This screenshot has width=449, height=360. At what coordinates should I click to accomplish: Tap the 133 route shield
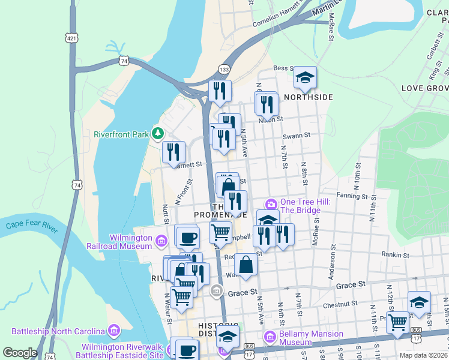[x=223, y=69]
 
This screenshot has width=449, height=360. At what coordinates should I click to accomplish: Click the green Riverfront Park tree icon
[x=158, y=133]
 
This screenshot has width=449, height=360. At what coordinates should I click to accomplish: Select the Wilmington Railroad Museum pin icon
[x=160, y=242]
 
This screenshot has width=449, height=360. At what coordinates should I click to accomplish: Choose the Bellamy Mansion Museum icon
[x=270, y=338]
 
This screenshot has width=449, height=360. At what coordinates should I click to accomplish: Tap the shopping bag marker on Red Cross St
[x=246, y=264]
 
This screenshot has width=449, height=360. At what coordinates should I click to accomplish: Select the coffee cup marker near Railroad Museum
[x=188, y=237]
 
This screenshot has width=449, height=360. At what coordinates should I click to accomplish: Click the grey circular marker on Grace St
[x=217, y=293]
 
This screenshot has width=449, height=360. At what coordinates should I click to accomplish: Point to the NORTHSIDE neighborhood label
[x=308, y=97]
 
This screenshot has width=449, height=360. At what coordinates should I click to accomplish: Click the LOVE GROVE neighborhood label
[x=424, y=88]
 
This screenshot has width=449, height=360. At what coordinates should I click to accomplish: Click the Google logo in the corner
[x=20, y=353]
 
